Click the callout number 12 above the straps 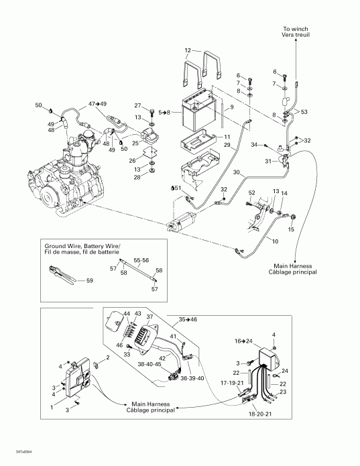(188, 50)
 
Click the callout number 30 (235, 172)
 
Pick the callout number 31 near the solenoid (267, 161)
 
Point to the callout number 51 (177, 189)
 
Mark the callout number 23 (283, 392)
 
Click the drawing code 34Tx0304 (15, 453)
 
